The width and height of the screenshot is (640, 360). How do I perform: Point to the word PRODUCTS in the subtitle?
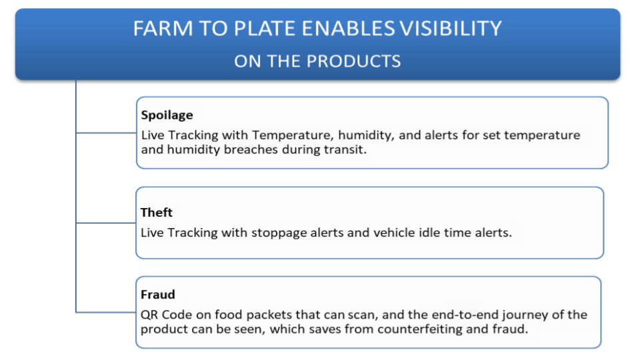click(353, 61)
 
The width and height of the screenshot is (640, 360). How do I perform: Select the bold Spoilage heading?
click(167, 115)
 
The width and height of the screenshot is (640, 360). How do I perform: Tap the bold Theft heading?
click(156, 212)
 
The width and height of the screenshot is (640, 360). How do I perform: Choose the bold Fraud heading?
click(157, 294)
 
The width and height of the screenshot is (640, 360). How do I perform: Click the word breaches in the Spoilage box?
click(251, 149)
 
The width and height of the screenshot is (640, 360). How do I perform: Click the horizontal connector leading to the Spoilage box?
click(106, 133)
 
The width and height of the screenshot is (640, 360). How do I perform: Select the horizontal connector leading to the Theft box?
click(106, 223)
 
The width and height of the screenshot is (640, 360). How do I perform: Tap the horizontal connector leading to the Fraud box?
click(106, 312)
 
